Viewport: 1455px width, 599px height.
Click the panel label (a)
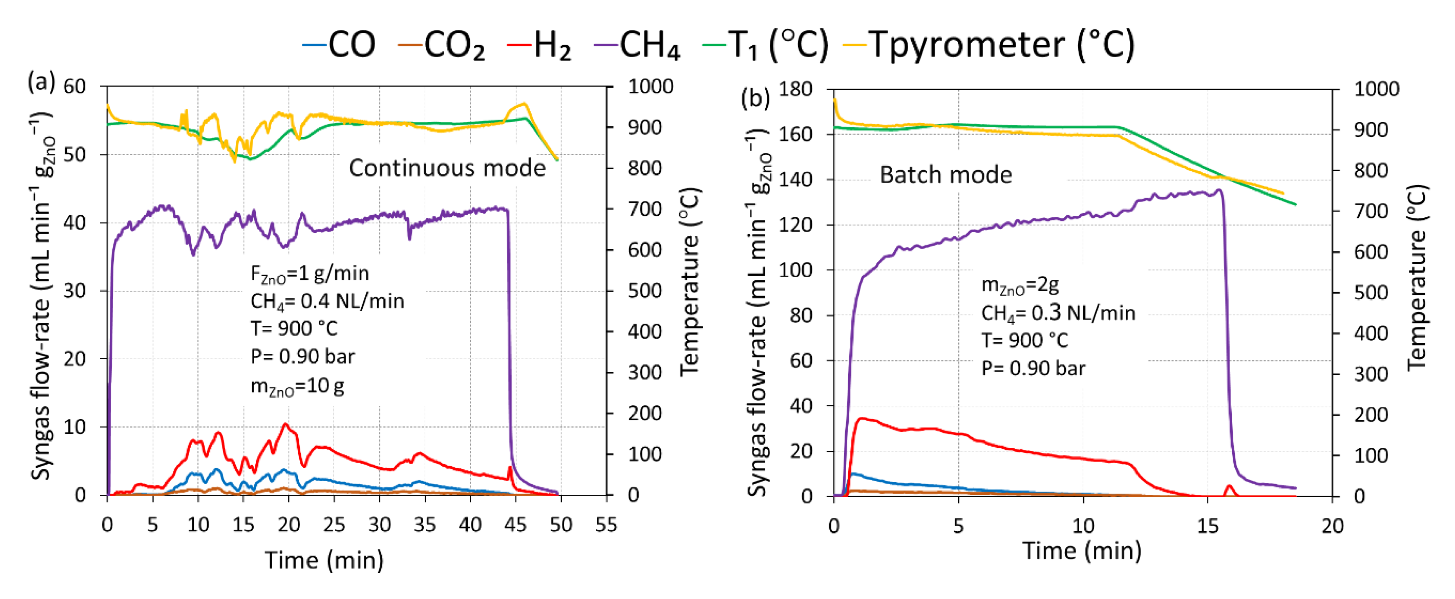click(41, 83)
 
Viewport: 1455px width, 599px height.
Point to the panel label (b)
click(756, 98)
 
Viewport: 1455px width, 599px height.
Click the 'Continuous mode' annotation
click(447, 168)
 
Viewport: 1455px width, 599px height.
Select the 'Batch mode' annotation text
click(946, 175)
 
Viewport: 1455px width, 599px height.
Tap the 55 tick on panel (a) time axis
click(606, 525)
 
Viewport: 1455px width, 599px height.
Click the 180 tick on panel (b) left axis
click(795, 89)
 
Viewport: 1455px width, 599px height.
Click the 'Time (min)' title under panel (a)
click(324, 561)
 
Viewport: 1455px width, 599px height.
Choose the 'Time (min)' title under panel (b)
click(1082, 550)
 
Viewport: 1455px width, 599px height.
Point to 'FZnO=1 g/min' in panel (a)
click(309, 274)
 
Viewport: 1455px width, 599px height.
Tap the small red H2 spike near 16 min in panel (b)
click(1229, 487)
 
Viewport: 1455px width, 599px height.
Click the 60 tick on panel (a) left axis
click(74, 86)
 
